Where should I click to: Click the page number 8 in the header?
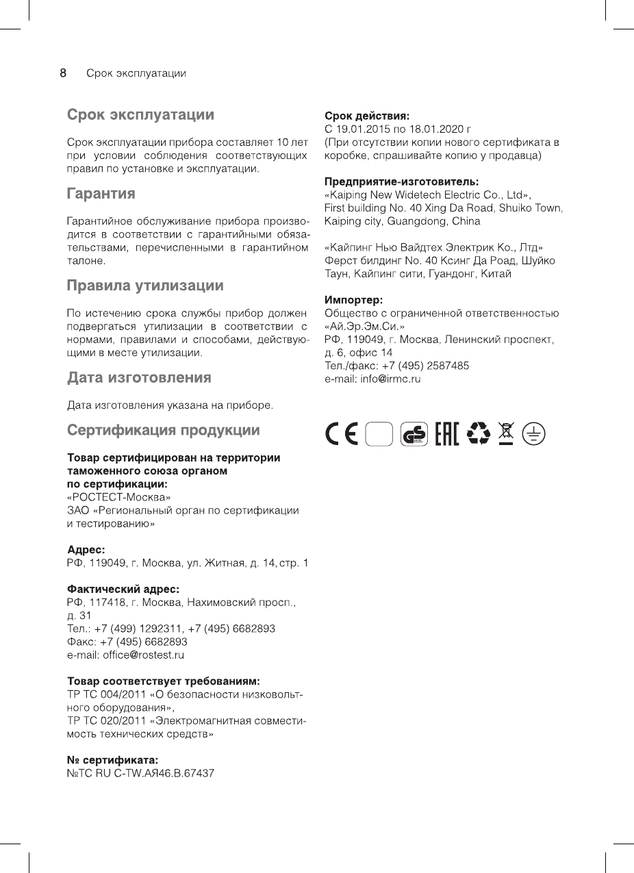click(63, 73)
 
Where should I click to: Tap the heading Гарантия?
click(101, 194)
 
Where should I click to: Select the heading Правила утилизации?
click(144, 285)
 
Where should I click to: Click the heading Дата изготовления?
click(139, 377)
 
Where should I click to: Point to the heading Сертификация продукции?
click(163, 431)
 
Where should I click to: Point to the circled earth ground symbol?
click(534, 434)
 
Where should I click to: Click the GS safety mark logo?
click(415, 434)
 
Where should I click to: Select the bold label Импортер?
click(353, 300)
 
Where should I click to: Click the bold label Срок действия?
click(367, 116)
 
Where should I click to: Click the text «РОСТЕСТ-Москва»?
click(119, 496)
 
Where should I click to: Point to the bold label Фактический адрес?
click(123, 589)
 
